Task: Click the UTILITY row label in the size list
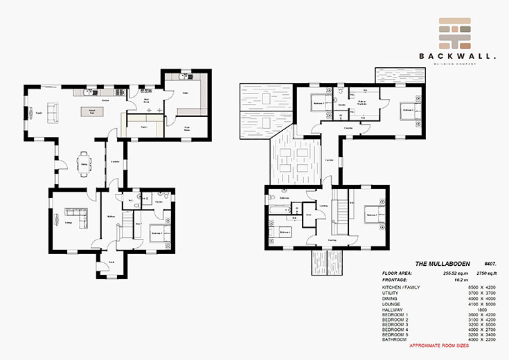(392, 293)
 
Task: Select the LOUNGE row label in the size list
(393, 304)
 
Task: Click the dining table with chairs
(84, 163)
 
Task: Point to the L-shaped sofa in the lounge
(76, 217)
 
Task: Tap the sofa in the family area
(51, 113)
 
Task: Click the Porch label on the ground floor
(111, 262)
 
